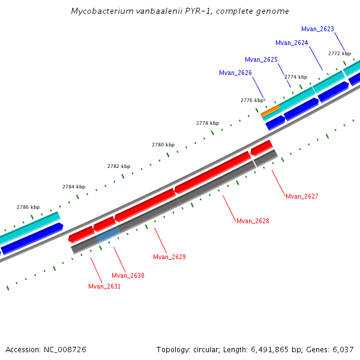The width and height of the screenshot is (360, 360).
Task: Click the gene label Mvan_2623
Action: coord(317,29)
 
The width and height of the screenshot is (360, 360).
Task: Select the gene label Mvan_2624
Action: coord(292,43)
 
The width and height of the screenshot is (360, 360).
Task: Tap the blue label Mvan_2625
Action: coord(261,59)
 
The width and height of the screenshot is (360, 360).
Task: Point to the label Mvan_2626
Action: coord(235,73)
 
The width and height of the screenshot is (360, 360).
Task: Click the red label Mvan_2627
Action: coord(302,196)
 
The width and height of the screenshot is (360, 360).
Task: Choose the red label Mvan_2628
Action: coord(253,221)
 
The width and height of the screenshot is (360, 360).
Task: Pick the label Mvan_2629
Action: coord(169,257)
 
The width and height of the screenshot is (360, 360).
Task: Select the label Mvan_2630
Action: coord(128,275)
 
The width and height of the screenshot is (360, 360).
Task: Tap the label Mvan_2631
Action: coord(104,286)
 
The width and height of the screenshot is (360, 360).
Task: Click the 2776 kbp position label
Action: coord(252,100)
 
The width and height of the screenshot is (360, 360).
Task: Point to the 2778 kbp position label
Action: coord(207,123)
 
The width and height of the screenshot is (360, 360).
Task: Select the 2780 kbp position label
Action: coord(163,145)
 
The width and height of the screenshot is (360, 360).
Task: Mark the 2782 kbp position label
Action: coord(119,166)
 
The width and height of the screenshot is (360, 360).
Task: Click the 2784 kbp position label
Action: coord(74,187)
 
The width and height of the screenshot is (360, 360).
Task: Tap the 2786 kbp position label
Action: coord(28,207)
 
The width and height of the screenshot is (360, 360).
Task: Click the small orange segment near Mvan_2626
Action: coord(270,110)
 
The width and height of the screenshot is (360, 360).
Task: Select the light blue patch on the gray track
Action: coord(108,235)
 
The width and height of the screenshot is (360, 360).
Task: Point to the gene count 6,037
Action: coord(343,349)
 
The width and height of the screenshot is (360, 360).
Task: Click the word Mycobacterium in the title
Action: coord(100,11)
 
